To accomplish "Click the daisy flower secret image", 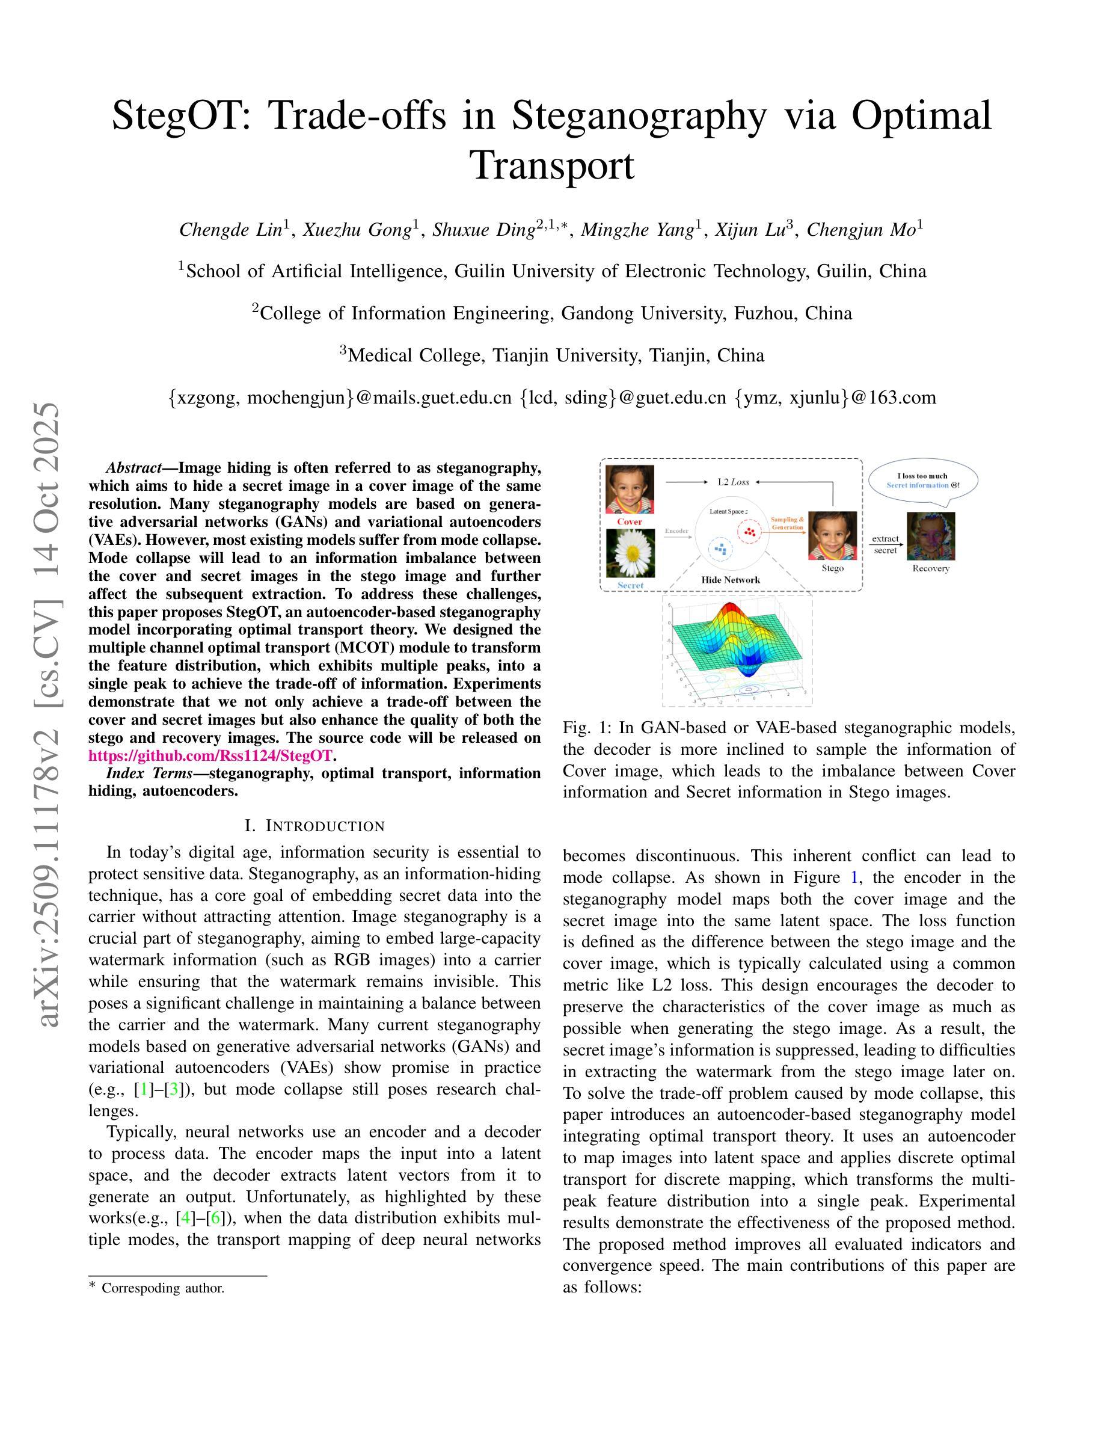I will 631,553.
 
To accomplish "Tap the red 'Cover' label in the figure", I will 630,521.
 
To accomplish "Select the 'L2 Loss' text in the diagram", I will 733,482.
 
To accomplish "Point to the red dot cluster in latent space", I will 749,531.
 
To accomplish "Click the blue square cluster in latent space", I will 721,549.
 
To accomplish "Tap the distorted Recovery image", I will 931,536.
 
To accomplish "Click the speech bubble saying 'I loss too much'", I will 923,481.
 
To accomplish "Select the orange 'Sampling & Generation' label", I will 788,523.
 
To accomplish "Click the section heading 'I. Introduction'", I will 314,826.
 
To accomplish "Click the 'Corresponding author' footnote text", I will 163,1288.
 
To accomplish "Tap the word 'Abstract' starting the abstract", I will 134,468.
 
